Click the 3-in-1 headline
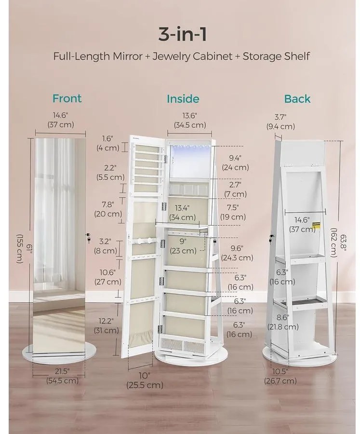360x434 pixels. [182, 34]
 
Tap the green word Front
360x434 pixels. [67, 98]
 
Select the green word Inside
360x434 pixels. [183, 99]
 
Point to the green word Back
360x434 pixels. [297, 99]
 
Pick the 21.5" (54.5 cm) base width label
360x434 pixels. [62, 376]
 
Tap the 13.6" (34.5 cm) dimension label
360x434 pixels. [190, 121]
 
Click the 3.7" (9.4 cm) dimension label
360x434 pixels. [280, 122]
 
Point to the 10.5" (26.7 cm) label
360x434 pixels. [280, 376]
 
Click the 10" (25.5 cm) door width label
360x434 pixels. [145, 380]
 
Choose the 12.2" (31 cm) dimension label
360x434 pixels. [107, 325]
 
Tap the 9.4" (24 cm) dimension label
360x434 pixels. [235, 163]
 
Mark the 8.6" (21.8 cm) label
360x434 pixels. [283, 322]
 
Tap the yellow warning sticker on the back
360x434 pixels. [316, 226]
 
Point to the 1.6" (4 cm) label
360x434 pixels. [108, 143]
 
